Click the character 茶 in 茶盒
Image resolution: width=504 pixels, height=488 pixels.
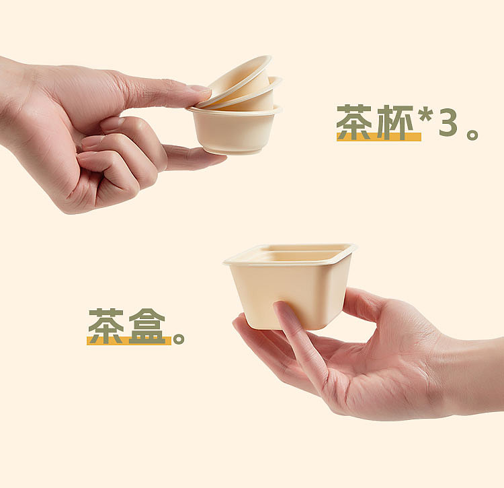106,326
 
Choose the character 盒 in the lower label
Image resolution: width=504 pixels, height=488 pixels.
147,326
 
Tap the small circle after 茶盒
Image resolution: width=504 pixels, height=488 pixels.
178,338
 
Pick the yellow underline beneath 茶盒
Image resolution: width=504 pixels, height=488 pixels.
128,341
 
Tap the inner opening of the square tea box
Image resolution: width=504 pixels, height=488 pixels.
292,255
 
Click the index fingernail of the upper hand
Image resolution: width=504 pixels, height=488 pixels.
200,90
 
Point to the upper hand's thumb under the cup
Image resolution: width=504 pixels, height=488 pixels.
192,158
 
